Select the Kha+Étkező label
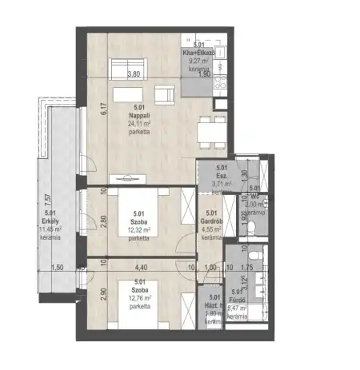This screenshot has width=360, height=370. click(200, 51)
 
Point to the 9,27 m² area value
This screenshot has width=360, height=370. click(199, 60)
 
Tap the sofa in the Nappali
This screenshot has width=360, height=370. click(132, 63)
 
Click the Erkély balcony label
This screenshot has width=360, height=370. click(50, 221)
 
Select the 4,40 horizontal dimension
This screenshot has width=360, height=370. click(141, 269)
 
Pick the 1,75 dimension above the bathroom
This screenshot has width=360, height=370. click(246, 269)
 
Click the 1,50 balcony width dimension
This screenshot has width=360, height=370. click(56, 269)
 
